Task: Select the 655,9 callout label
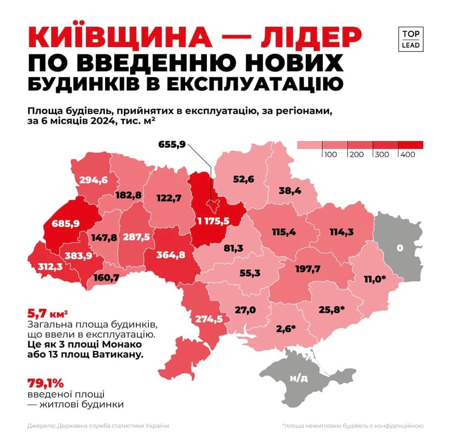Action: pyautogui.click(x=172, y=144)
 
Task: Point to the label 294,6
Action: pyautogui.click(x=93, y=180)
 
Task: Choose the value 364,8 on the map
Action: pyautogui.click(x=170, y=254)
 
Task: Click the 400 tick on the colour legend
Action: pyautogui.click(x=407, y=154)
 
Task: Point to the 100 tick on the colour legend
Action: pyautogui.click(x=331, y=154)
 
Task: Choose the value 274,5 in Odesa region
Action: pyautogui.click(x=209, y=319)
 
